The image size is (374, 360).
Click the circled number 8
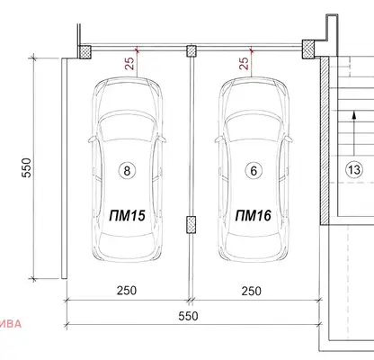pos(127,171)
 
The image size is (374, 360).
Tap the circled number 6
pos(254,171)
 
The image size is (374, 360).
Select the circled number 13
pos(354,170)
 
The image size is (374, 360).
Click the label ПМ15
pos(128,215)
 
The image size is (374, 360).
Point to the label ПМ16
pos(254,215)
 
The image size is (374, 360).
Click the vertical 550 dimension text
pos(26,168)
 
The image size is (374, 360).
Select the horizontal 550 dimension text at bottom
pos(188,316)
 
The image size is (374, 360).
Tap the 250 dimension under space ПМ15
pos(127,291)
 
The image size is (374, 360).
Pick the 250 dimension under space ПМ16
pos(252,291)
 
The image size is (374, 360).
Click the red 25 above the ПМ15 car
pos(129,63)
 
